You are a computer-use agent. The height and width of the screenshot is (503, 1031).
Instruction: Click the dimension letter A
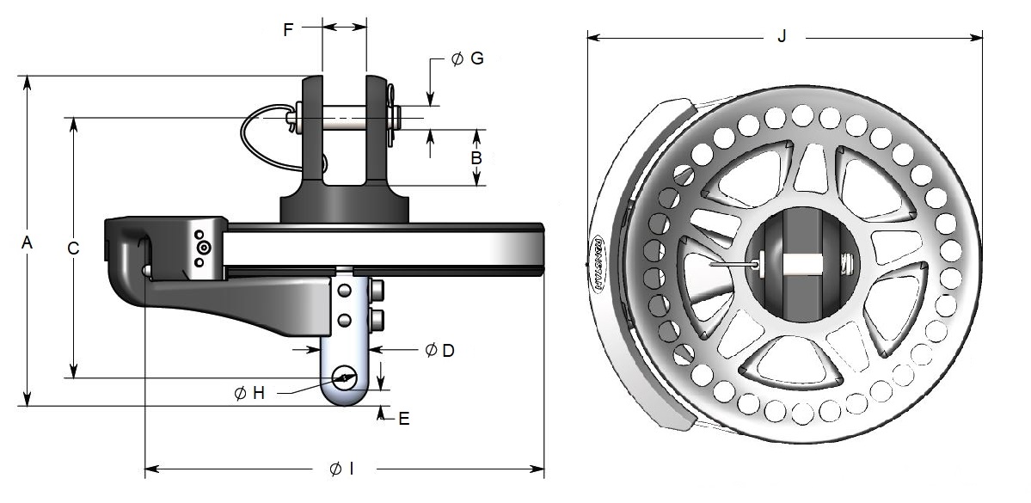click(x=28, y=244)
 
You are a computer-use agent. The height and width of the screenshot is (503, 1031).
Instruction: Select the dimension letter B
click(x=476, y=158)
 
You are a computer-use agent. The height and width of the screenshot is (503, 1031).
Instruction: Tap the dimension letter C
click(x=74, y=248)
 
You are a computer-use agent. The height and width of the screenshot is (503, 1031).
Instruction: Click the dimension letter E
click(x=403, y=419)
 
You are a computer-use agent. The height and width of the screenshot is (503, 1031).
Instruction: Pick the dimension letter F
click(x=288, y=29)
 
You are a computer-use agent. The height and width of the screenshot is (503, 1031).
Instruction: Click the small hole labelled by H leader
click(x=346, y=377)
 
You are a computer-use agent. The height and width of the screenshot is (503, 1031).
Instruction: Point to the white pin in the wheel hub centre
click(x=802, y=266)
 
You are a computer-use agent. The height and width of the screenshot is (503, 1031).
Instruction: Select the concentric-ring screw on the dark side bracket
click(x=203, y=248)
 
